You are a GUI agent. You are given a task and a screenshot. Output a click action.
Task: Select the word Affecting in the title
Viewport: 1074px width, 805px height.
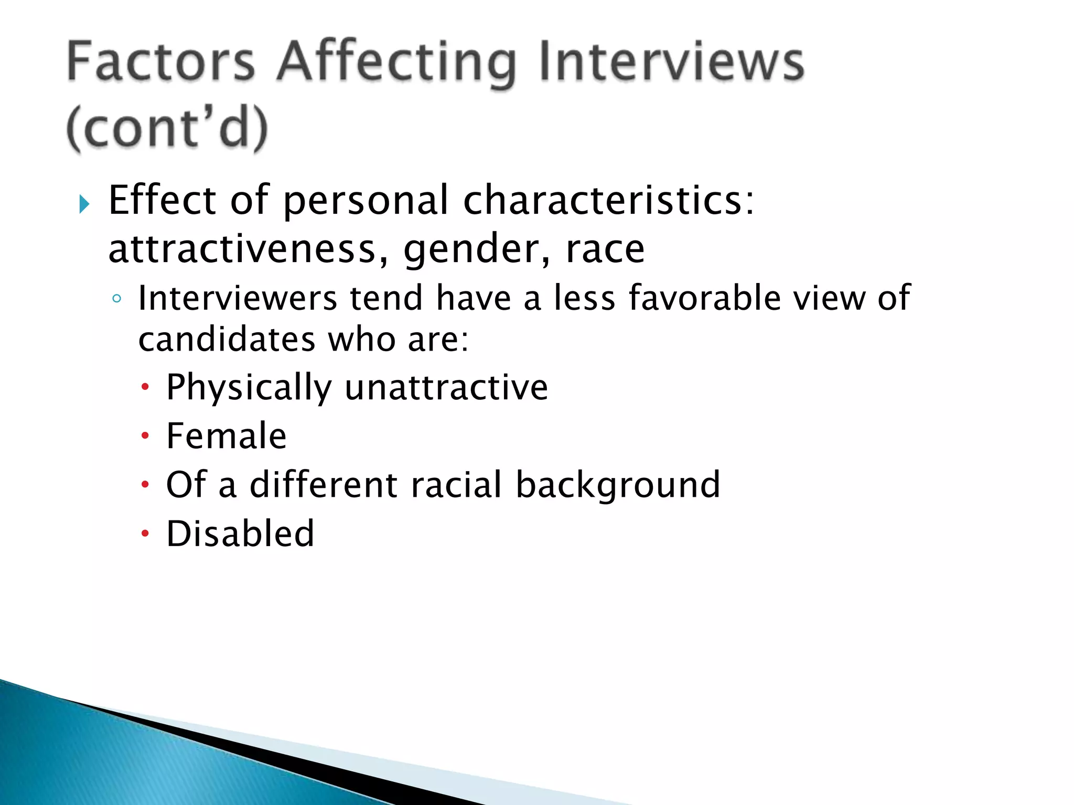tap(396, 64)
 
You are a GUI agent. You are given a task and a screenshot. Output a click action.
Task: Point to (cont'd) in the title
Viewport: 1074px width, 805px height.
tap(167, 129)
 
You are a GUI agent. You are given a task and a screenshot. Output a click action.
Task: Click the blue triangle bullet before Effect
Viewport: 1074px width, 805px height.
tap(84, 204)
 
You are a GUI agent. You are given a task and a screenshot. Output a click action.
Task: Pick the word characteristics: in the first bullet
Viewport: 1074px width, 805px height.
tap(609, 200)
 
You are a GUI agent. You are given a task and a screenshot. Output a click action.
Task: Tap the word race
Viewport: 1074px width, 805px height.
tap(605, 249)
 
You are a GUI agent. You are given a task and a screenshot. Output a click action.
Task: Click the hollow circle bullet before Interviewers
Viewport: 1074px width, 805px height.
tap(117, 299)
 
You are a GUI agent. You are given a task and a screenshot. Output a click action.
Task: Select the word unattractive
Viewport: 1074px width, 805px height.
tap(446, 387)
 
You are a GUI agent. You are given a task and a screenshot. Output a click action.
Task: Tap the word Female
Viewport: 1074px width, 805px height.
tap(227, 436)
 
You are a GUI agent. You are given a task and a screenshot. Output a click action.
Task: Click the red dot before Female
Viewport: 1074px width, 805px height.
tap(145, 436)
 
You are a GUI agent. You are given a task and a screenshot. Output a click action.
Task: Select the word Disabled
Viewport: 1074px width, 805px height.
tap(240, 534)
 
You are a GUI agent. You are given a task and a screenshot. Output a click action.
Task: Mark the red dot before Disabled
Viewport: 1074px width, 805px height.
tap(145, 534)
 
